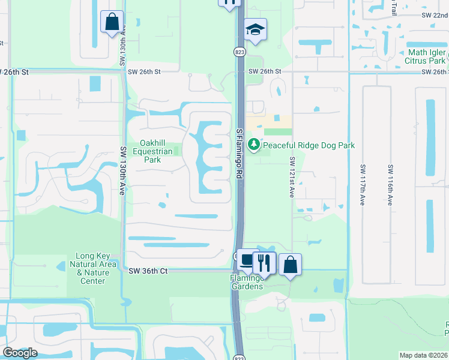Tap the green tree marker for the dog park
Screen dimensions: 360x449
[255, 145]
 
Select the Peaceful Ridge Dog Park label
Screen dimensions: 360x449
[309, 145]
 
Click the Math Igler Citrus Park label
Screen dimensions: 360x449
[426, 56]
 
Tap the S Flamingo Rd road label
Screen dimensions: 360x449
[239, 153]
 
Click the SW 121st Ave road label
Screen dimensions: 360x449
[292, 178]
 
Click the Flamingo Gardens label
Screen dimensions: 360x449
[246, 282]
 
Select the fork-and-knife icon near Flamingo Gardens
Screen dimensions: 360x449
[263, 261]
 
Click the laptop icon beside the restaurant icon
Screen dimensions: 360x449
[247, 260]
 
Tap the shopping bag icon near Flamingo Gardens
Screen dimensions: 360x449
[290, 263]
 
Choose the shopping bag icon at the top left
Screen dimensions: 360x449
[112, 22]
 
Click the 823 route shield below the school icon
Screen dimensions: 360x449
[239, 52]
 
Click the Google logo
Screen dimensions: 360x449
[20, 353]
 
